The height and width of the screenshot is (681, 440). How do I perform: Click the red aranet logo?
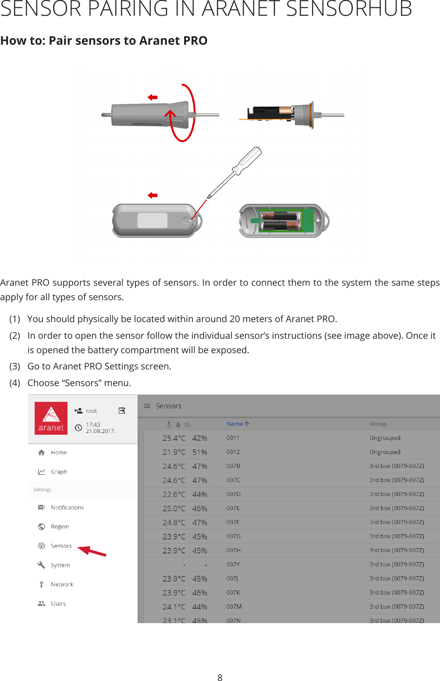tap(51, 418)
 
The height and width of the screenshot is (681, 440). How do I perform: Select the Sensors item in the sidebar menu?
tap(61, 546)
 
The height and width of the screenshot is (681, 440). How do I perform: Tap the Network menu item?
tap(62, 584)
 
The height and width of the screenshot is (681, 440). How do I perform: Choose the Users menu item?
tap(58, 603)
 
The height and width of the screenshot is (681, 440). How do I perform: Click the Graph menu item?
tap(59, 472)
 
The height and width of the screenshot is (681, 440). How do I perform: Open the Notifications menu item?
tap(67, 507)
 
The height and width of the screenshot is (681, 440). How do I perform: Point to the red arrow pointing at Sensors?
tap(92, 551)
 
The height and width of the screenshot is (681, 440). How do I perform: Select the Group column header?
tap(378, 424)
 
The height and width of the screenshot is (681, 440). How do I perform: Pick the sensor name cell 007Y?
tap(233, 564)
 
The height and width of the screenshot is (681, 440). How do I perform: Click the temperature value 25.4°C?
tap(174, 438)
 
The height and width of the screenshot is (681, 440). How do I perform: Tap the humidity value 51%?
tap(200, 452)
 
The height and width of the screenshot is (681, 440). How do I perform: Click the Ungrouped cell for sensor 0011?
tap(385, 438)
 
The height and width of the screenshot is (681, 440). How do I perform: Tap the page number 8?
tap(220, 677)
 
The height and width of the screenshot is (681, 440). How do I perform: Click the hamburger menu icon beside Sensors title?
tap(147, 406)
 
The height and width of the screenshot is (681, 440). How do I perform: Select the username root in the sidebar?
tap(91, 411)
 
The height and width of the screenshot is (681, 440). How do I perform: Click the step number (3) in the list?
tap(15, 366)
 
